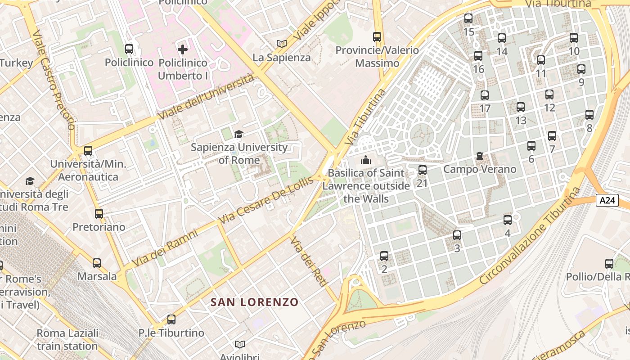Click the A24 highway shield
click(607, 200)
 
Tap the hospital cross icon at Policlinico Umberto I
click(183, 49)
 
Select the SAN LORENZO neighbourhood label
click(255, 302)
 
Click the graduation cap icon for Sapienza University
click(238, 134)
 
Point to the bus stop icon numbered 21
click(422, 170)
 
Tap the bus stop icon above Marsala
click(97, 263)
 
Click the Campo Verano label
click(480, 169)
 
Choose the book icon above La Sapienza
click(282, 44)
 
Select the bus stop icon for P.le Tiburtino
click(171, 319)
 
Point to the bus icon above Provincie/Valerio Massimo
click(377, 37)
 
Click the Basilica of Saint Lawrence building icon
click(365, 160)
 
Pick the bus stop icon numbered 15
click(468, 18)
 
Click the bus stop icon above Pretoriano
click(99, 214)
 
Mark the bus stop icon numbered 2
click(384, 256)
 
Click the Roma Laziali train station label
click(67, 340)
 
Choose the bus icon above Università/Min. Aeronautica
click(88, 151)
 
